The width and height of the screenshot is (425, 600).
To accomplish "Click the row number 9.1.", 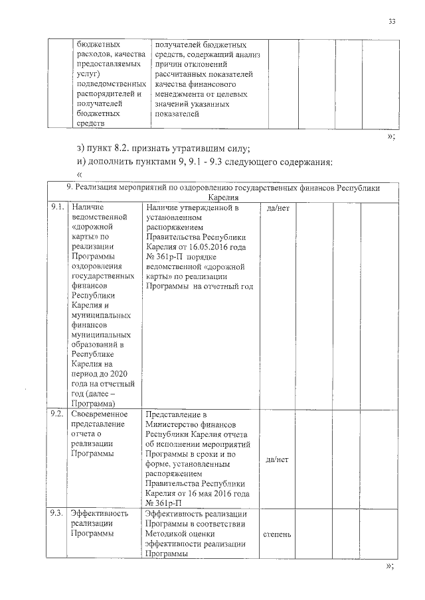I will pos(57,208).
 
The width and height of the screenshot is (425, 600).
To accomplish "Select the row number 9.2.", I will pos(57,413).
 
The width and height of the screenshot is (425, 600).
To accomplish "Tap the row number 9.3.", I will pos(57,512).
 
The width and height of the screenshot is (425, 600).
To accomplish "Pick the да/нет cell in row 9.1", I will pos(276,208).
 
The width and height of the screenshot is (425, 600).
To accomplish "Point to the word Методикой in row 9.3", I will pos(166,533).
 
